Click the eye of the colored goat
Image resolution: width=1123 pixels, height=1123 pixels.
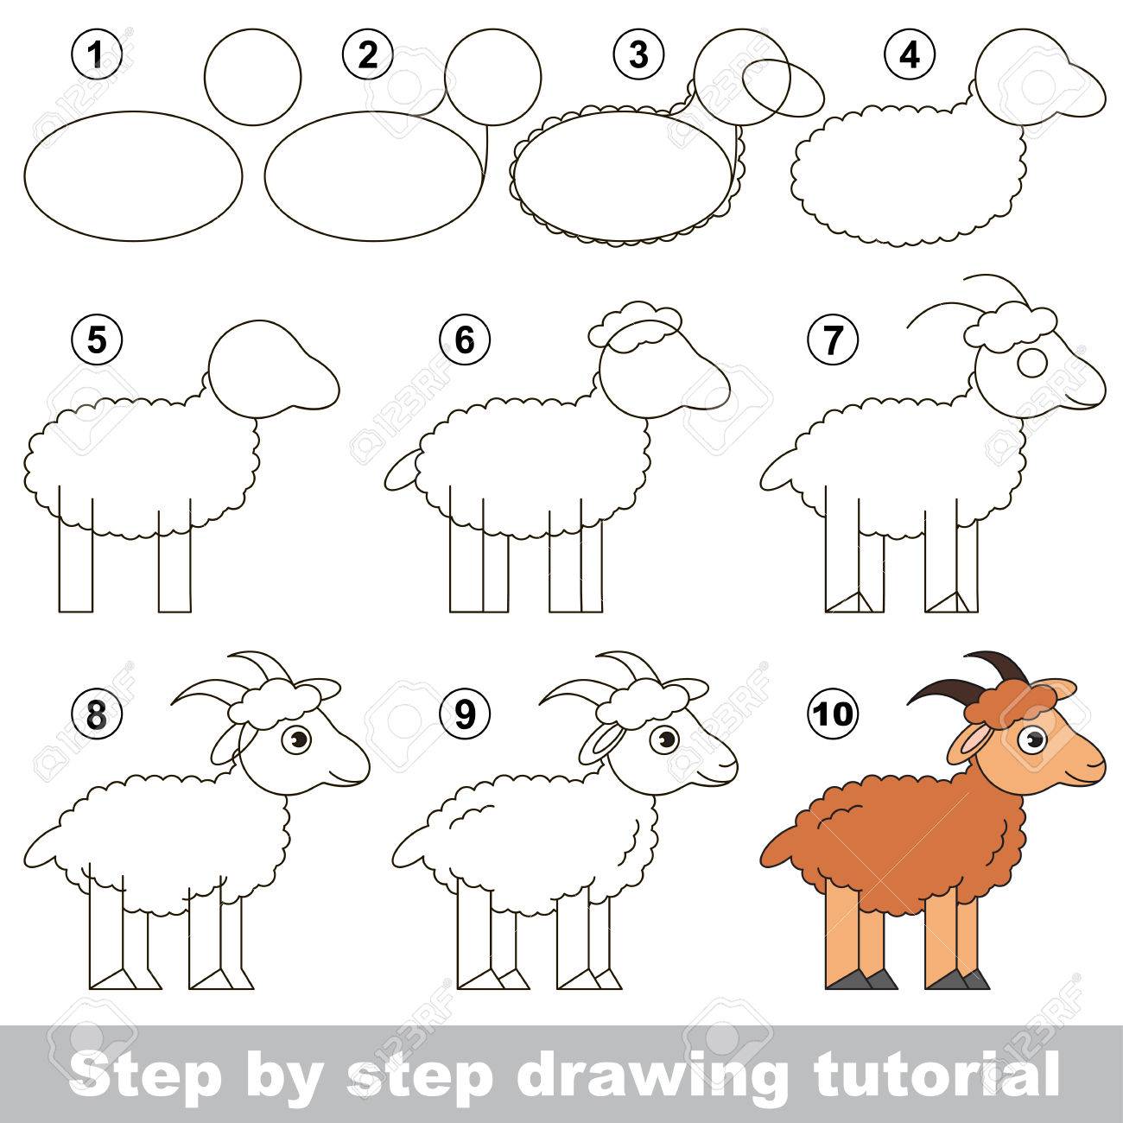tap(1031, 740)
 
